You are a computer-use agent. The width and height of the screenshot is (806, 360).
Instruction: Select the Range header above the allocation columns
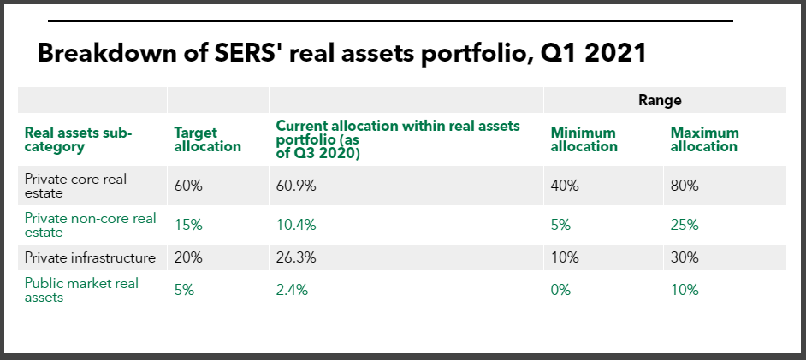(660, 100)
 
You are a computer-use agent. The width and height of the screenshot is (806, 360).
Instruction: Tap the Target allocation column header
(207, 139)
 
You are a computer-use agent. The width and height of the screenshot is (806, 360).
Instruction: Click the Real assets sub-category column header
(80, 139)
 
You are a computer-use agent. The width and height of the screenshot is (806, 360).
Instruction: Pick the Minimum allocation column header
(584, 139)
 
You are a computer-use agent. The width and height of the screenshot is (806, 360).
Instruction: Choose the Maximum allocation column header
(704, 139)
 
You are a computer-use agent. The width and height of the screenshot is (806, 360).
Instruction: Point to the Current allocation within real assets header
(398, 139)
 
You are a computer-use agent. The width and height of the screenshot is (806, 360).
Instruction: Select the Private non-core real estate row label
(90, 225)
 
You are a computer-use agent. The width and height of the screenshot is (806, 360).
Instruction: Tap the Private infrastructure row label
(90, 257)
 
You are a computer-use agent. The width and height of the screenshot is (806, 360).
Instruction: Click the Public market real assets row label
(81, 290)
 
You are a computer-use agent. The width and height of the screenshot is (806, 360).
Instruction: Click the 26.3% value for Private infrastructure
(295, 257)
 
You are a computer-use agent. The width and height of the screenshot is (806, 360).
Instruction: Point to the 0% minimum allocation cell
(561, 290)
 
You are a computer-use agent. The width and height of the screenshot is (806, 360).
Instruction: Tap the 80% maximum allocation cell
(685, 186)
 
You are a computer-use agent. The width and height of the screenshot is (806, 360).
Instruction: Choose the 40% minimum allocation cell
(565, 186)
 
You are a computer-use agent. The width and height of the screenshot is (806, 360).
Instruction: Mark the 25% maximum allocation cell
(685, 225)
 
